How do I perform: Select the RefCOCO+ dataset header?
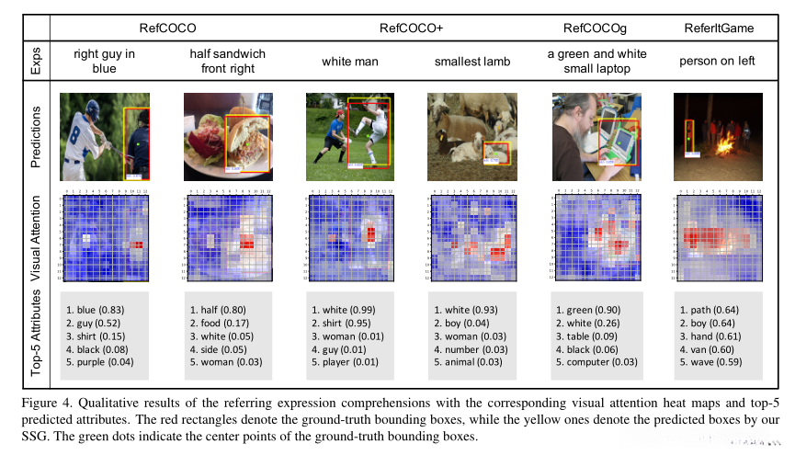pyautogui.click(x=411, y=28)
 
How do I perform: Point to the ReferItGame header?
pyautogui.click(x=719, y=28)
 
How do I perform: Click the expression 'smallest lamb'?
pyautogui.click(x=471, y=63)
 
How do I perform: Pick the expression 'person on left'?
pyautogui.click(x=719, y=63)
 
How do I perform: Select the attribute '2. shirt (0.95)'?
pyautogui.click(x=348, y=324)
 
